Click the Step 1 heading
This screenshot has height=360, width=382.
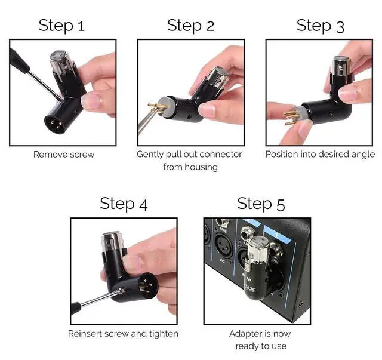(61, 26)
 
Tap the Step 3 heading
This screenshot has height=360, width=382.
(320, 26)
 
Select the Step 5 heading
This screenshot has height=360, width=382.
(261, 204)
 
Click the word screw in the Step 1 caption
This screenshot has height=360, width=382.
(82, 155)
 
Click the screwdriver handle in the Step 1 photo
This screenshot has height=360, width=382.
(19, 59)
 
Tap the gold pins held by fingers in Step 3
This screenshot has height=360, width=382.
(291, 117)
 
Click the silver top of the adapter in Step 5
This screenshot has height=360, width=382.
(259, 248)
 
